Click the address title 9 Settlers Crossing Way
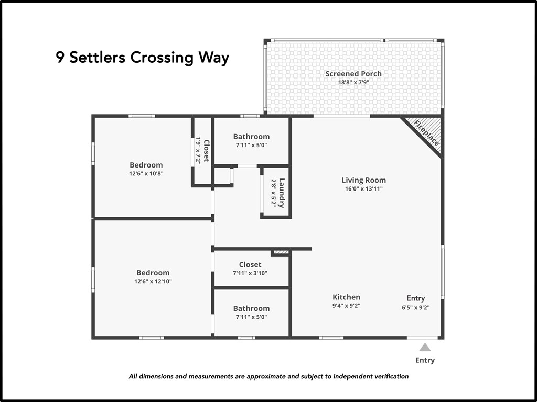143,58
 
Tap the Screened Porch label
353,74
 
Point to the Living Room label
364,180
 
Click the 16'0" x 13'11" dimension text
364,188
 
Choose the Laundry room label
282,193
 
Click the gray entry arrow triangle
425,348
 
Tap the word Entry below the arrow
425,360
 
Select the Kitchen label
346,297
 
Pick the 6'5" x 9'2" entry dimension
416,307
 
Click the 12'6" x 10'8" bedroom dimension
146,173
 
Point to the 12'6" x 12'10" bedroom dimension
153,281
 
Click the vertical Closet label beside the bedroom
207,150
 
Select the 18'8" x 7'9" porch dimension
353,82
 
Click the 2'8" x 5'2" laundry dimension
274,193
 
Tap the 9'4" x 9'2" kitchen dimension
346,306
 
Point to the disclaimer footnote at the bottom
268,376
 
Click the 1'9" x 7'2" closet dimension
198,150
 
